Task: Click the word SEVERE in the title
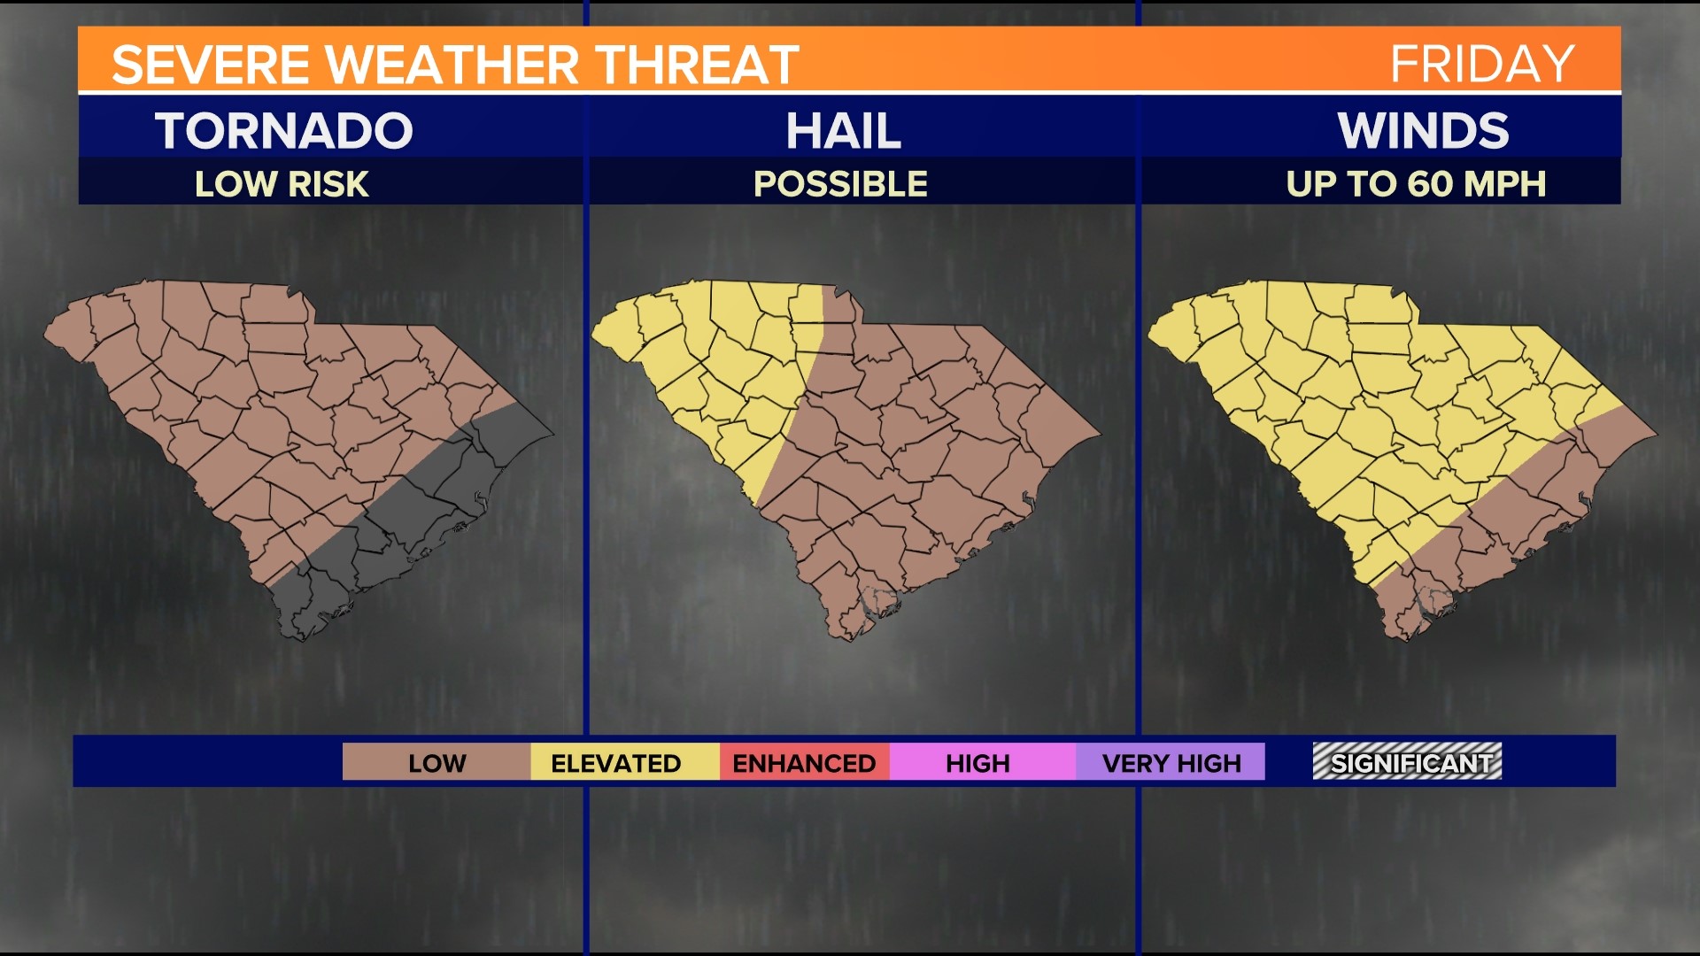(x=210, y=66)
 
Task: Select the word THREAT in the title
(x=697, y=66)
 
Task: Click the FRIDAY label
(x=1481, y=64)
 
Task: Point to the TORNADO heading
(x=284, y=131)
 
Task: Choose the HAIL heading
(x=843, y=131)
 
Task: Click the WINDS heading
(x=1423, y=131)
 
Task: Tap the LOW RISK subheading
(x=282, y=184)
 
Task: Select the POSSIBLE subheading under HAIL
(x=840, y=184)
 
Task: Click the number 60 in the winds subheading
(x=1430, y=184)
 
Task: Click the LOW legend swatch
(x=437, y=763)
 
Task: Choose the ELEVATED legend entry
(x=616, y=763)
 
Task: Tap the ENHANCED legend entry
(x=804, y=763)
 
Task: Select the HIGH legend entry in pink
(x=977, y=763)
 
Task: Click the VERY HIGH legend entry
(x=1171, y=763)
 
